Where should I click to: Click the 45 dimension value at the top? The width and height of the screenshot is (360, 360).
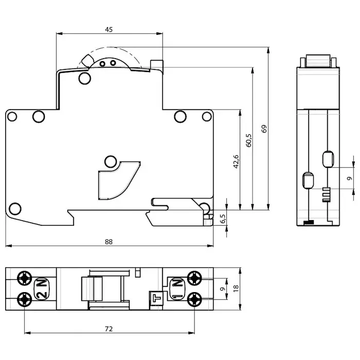(x=109, y=30)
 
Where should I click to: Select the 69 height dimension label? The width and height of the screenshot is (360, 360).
(x=264, y=129)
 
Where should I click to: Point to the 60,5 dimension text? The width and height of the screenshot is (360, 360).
(x=248, y=139)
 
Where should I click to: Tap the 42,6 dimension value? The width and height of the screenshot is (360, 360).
(x=236, y=161)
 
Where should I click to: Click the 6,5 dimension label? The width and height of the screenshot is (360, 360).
(x=223, y=219)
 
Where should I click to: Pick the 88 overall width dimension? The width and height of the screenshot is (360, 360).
(x=109, y=241)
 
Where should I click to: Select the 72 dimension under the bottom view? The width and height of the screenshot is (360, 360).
(x=109, y=328)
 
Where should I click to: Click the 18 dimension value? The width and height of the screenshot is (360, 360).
(x=236, y=289)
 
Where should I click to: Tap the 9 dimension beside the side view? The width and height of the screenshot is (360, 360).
(x=349, y=178)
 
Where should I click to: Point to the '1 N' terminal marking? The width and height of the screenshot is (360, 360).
(x=176, y=289)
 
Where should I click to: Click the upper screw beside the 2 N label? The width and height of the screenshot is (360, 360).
(x=24, y=279)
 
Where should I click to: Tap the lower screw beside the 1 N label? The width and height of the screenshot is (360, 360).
(x=194, y=298)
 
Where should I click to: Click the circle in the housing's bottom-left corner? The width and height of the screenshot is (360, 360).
(x=15, y=209)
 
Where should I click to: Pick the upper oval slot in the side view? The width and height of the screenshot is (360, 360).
(x=328, y=159)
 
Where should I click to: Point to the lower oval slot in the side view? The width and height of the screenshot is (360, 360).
(x=308, y=181)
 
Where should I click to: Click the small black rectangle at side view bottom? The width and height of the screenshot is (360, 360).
(x=309, y=222)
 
